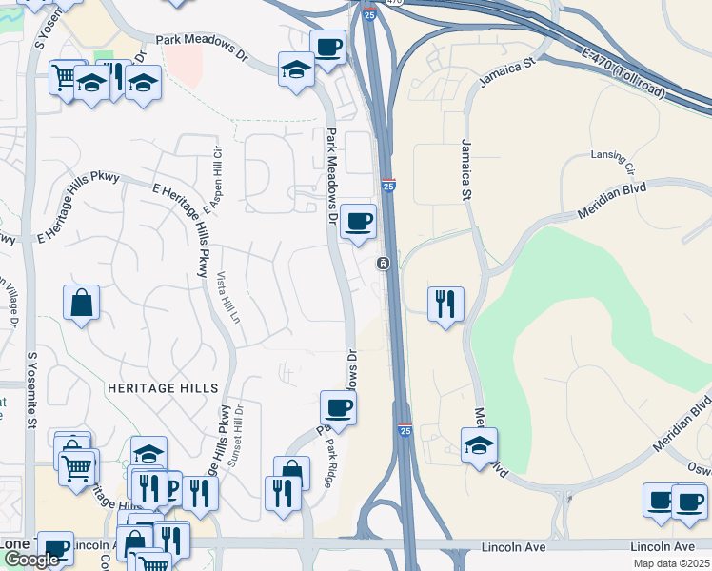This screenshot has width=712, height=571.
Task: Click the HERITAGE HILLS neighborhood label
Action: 162,388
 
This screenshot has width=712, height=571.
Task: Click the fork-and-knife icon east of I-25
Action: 445,305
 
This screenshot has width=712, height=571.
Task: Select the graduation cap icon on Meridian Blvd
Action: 479,444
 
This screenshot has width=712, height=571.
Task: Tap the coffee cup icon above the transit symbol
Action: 358,222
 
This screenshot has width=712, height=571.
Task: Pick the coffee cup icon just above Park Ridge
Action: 339,408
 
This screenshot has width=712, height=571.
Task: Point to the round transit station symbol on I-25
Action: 383,263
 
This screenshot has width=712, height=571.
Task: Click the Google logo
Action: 31,560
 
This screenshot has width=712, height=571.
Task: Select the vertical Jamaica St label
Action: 466,169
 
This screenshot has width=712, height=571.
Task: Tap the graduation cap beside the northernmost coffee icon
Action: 296,69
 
